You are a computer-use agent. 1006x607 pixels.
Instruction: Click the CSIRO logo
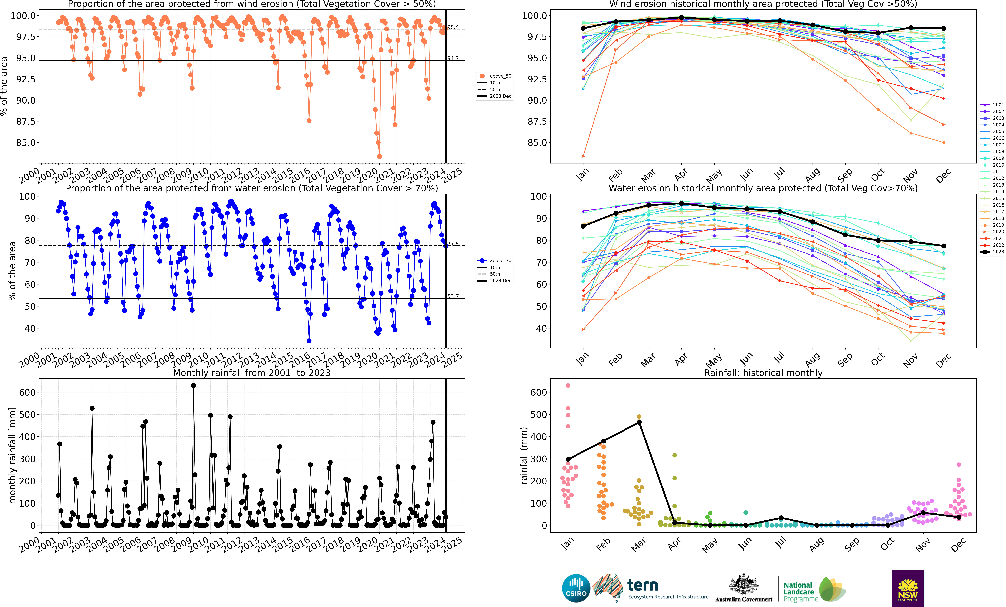click(576, 588)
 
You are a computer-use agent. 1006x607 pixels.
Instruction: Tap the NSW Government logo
click(908, 588)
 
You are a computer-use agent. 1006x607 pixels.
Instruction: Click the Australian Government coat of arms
click(743, 584)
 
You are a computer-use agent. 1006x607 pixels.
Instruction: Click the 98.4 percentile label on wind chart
click(453, 27)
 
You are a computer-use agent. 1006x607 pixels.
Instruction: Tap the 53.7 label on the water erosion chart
click(453, 296)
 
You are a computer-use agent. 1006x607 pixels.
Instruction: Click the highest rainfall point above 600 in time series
click(193, 385)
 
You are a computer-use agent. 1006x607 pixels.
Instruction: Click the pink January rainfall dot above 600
click(568, 385)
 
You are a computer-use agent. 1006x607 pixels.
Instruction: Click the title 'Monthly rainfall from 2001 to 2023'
click(252, 373)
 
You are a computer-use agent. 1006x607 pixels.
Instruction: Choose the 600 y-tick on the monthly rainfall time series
click(27, 392)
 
